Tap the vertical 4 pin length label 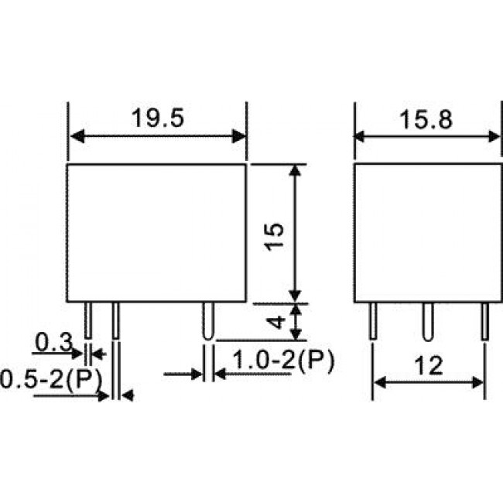(x=275, y=321)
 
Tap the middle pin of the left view (x=116, y=319)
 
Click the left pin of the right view (x=373, y=320)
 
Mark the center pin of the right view (x=426, y=320)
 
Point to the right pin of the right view (x=485, y=320)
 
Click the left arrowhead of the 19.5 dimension (x=75, y=137)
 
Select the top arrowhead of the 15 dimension (x=294, y=169)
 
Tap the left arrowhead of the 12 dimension (x=379, y=382)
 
